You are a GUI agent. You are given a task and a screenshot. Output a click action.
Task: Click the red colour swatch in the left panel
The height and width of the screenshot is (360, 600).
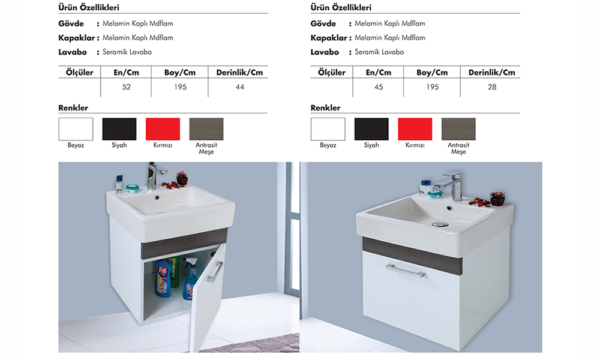coord(163,129)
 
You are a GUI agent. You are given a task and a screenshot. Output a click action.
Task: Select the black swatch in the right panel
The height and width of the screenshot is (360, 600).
coord(371,129)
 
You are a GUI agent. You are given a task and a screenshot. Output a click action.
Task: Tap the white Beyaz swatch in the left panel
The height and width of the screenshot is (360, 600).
coord(76,129)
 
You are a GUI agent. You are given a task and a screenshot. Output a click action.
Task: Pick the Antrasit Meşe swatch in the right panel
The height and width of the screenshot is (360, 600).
coord(458,129)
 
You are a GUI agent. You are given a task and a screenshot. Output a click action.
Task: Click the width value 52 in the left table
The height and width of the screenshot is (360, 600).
coord(126,87)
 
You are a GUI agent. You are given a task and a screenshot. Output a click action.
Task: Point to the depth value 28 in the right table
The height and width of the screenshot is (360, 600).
coord(492,87)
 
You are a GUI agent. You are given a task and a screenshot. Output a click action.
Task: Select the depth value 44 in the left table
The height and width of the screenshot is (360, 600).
coord(240,87)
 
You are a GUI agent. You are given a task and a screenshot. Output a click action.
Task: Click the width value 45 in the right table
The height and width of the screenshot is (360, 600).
coord(379,87)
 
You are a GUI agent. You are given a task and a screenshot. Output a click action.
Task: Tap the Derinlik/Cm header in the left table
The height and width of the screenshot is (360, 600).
coord(239,73)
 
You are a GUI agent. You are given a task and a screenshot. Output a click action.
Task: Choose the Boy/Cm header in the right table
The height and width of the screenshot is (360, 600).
coord(432,73)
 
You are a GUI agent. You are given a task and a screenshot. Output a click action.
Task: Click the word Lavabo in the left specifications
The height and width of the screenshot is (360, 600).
coord(73,52)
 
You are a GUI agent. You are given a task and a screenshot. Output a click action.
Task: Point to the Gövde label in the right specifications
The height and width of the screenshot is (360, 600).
coord(323,24)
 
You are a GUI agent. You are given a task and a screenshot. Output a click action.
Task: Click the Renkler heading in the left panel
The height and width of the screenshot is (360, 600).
coord(73,108)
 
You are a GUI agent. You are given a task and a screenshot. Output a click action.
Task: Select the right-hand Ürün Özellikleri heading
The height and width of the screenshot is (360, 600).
coord(341,8)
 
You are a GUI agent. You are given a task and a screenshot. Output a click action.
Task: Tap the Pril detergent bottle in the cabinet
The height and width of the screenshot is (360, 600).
coord(163,278)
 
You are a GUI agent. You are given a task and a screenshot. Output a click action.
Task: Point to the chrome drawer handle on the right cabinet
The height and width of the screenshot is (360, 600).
coord(406,271)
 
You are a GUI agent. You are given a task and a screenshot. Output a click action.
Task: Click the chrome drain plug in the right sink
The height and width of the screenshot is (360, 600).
coord(440,224)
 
